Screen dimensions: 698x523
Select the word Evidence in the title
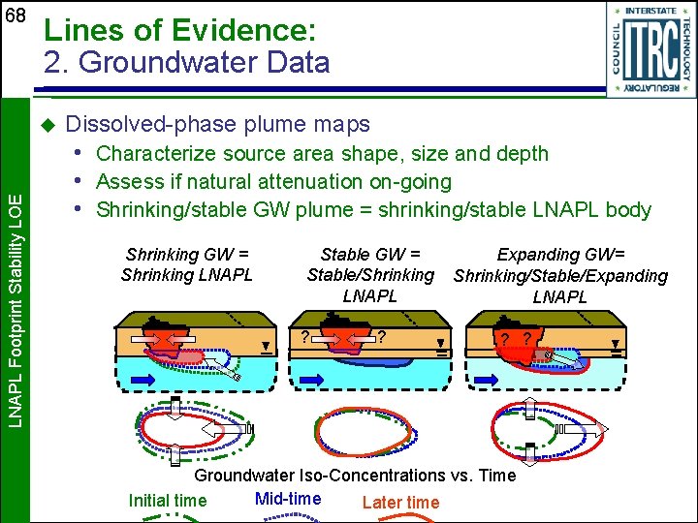(x=249, y=30)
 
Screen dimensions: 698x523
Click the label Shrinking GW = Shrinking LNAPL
(x=186, y=264)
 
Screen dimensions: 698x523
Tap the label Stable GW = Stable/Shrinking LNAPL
(x=370, y=274)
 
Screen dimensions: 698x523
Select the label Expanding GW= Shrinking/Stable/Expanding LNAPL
(x=560, y=275)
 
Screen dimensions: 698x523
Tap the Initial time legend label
(x=168, y=501)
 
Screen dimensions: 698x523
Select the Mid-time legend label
(x=287, y=499)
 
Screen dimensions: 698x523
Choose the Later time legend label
(x=400, y=502)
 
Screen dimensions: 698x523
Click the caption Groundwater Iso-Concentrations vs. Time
(x=355, y=476)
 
